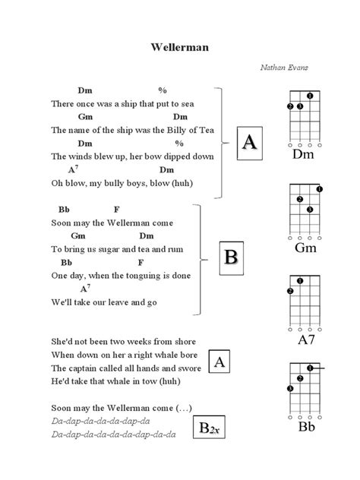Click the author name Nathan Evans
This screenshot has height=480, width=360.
284,67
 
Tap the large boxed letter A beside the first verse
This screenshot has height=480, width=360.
248,142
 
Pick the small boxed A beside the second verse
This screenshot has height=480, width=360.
218,362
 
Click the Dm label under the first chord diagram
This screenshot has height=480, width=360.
302,156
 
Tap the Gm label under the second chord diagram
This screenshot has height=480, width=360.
302,248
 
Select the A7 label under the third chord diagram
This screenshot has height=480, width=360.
302,339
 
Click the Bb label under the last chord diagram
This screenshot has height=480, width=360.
302,427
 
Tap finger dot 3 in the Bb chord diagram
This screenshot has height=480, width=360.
290,389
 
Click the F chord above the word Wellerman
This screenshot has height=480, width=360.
116,209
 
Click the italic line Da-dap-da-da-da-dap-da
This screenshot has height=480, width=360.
101,421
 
